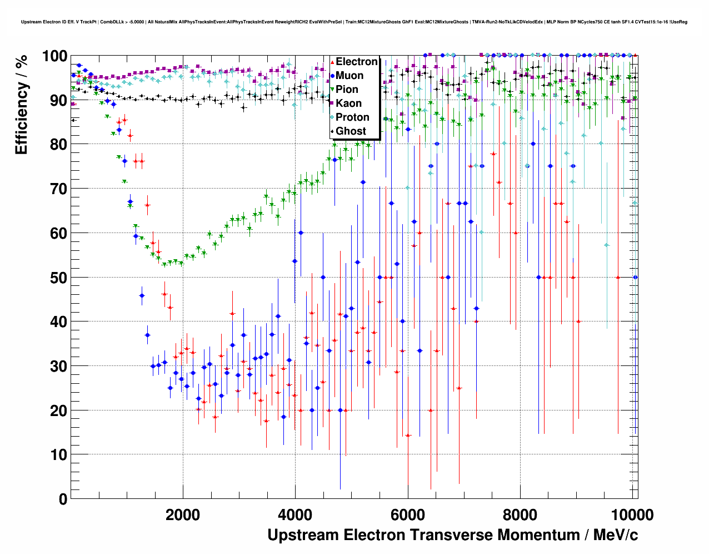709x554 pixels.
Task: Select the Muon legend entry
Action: [349, 76]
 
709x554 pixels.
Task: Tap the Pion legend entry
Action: [347, 90]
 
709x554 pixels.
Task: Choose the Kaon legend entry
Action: [348, 103]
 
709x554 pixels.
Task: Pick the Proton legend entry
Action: [352, 117]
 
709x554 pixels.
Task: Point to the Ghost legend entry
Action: [351, 131]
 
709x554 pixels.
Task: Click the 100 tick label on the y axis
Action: [54, 56]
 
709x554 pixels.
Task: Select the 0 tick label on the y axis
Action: [63, 499]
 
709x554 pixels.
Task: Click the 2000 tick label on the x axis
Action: [183, 515]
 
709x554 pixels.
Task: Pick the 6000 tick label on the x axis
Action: [408, 515]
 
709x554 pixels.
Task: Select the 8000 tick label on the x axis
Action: [520, 515]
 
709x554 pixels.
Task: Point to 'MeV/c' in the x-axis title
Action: [615, 535]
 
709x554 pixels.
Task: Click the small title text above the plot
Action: [354, 22]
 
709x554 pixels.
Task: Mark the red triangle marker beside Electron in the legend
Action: [332, 62]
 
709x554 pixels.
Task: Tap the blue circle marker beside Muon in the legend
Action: [332, 76]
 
